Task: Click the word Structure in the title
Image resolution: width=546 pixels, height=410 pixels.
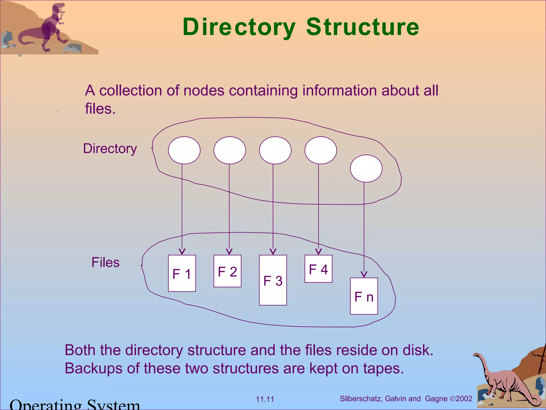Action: tap(363, 27)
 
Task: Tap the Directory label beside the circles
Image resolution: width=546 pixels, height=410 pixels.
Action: tap(110, 148)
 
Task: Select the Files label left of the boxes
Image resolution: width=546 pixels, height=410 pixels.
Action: tap(105, 262)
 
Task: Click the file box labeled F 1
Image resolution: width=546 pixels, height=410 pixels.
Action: tap(182, 273)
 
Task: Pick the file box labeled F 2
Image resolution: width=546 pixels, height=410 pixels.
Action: tap(227, 271)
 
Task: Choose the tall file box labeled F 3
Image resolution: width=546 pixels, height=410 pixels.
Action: tap(273, 280)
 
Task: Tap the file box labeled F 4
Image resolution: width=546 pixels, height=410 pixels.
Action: tap(318, 269)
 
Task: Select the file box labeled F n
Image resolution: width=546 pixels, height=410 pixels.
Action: tap(364, 296)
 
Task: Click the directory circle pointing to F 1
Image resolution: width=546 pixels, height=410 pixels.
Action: tap(184, 150)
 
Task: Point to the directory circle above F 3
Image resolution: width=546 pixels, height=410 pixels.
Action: tap(275, 150)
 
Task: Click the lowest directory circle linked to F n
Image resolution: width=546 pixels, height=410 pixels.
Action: tap(366, 169)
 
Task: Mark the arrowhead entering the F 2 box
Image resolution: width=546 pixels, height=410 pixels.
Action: tap(229, 252)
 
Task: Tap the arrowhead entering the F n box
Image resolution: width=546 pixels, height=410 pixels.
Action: tap(364, 274)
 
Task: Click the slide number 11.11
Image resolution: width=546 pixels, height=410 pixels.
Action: tap(265, 399)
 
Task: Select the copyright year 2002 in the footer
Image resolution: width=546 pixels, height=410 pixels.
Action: tap(464, 399)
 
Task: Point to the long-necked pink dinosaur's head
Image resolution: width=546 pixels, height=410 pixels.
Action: tap(476, 355)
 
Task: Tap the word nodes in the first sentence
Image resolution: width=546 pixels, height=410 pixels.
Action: tap(204, 90)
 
